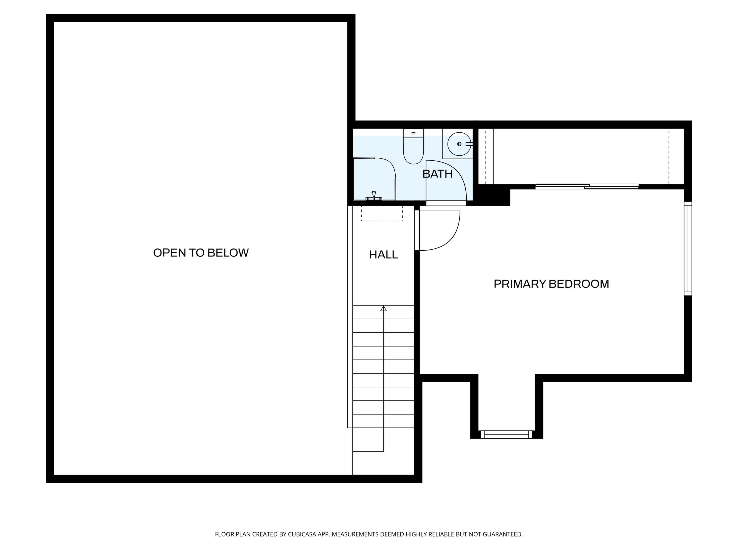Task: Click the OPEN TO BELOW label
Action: pos(201,253)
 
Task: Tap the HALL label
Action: pos(383,255)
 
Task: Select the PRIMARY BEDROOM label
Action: pos(551,284)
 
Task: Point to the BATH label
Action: pos(437,174)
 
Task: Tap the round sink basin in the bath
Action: pos(459,144)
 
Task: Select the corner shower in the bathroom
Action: pos(374,179)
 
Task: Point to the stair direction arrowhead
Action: pos(383,308)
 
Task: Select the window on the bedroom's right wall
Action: pos(688,248)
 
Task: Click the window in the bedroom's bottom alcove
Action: pos(507,434)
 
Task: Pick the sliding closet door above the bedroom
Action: pos(587,187)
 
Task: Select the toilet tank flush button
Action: pos(413,133)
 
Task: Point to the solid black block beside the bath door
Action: pos(492,195)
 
